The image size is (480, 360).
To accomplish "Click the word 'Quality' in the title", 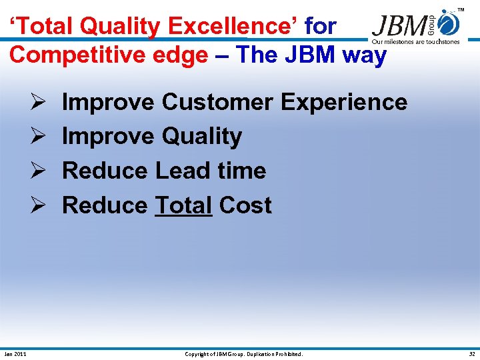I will pos(121,27).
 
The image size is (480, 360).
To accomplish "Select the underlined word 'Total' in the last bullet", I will pos(183,205).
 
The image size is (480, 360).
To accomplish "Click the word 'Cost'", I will pos(245,205).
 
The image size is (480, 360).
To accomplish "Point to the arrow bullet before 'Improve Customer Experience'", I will pos(38,103).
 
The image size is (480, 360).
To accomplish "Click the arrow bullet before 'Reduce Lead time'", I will pos(38,171).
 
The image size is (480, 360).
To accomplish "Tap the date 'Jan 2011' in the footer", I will pos(15,354).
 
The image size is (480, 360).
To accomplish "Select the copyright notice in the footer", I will pos(243,354).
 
